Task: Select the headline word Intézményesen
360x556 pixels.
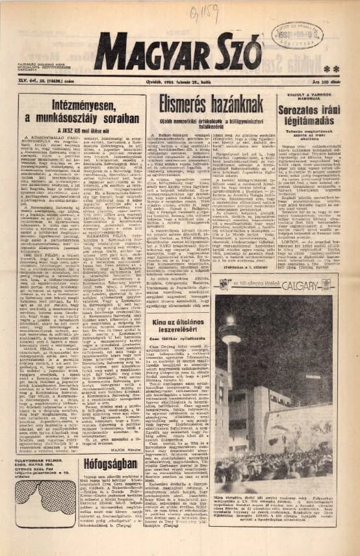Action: tap(82, 106)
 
